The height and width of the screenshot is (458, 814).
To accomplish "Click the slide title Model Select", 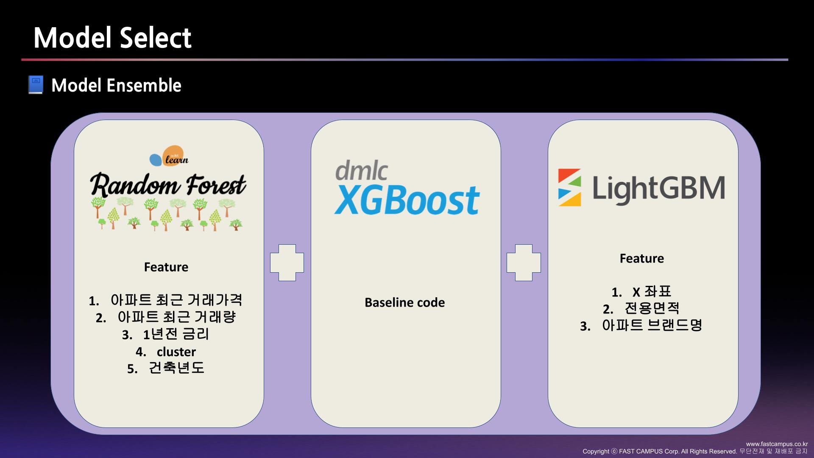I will pyautogui.click(x=112, y=38).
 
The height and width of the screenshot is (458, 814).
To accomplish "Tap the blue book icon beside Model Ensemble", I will pyautogui.click(x=36, y=85).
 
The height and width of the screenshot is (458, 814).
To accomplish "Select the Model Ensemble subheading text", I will pyautogui.click(x=116, y=85).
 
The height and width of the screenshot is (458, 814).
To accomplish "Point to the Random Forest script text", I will pyautogui.click(x=168, y=185).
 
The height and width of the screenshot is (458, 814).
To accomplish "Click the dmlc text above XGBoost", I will pyautogui.click(x=361, y=170).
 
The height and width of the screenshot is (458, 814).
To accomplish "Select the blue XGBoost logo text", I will pyautogui.click(x=407, y=201).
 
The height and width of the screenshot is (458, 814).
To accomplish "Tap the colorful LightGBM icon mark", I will pyautogui.click(x=569, y=187).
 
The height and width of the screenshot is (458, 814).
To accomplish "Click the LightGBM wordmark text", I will pyautogui.click(x=658, y=189).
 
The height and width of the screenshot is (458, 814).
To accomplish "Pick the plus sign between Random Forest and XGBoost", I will pyautogui.click(x=287, y=263).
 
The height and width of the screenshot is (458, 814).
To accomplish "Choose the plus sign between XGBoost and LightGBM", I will pyautogui.click(x=524, y=263).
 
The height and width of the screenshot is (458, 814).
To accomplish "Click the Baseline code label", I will pyautogui.click(x=405, y=302).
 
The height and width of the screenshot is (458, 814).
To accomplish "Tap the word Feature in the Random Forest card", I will pyautogui.click(x=166, y=267).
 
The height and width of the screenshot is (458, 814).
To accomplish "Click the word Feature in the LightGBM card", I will pyautogui.click(x=642, y=258).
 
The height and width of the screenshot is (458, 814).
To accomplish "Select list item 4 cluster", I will pyautogui.click(x=176, y=352).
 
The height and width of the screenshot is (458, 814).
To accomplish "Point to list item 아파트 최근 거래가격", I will pyautogui.click(x=176, y=300).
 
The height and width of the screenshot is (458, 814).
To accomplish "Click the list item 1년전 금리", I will pyautogui.click(x=176, y=334).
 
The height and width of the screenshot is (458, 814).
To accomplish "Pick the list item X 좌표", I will pyautogui.click(x=651, y=292).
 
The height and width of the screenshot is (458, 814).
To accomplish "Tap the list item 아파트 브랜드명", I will pyautogui.click(x=652, y=325).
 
